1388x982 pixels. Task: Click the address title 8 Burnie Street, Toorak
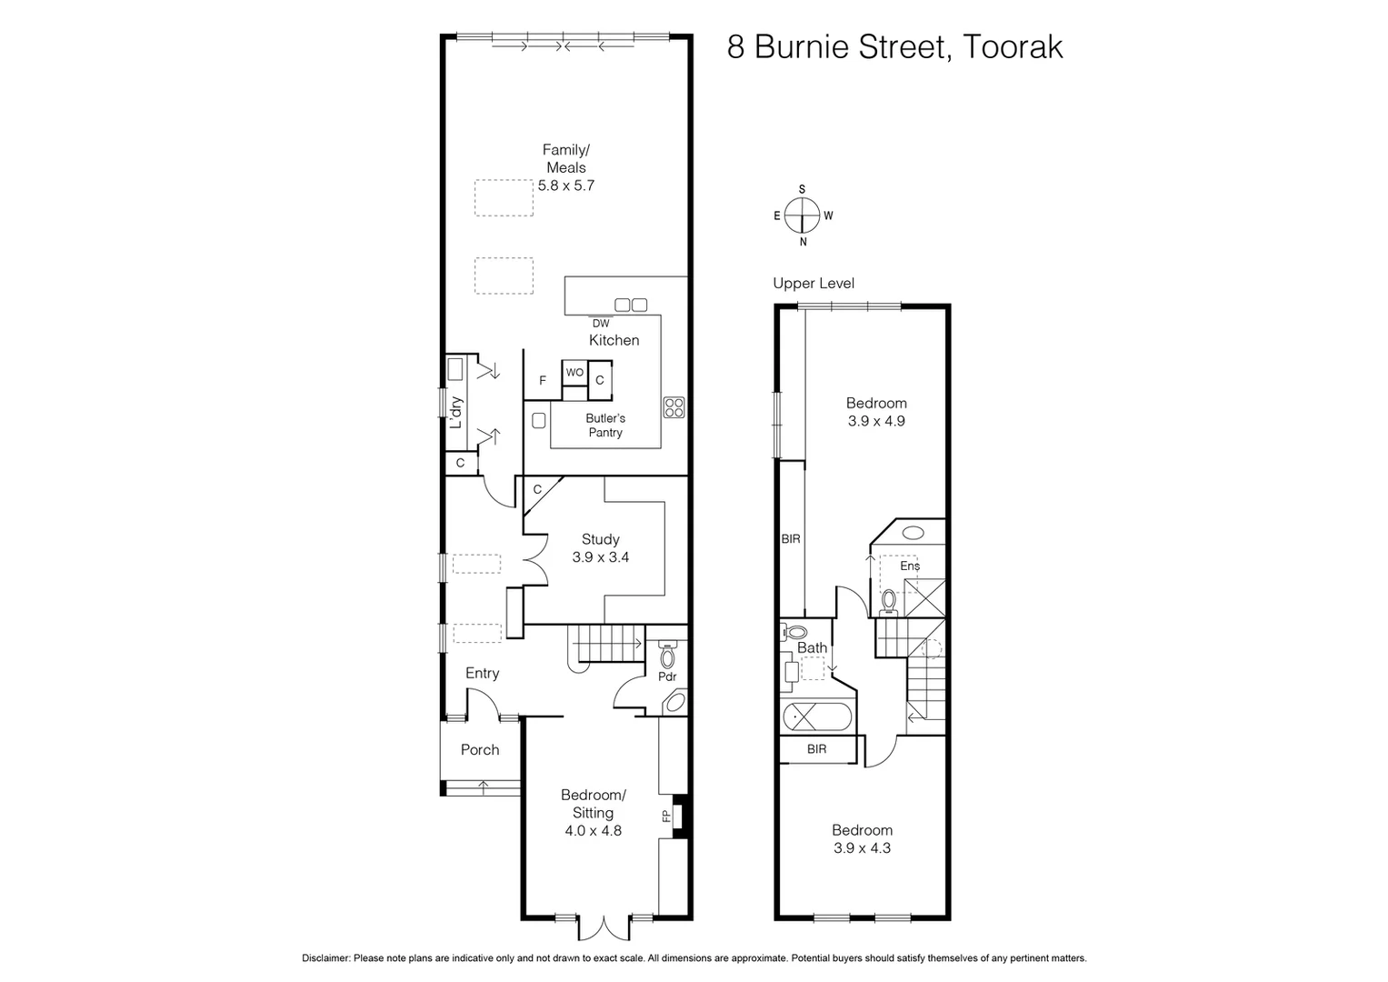(894, 47)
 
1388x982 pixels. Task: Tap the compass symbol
(803, 215)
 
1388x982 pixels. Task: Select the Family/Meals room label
(565, 159)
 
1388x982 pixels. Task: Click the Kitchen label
(614, 340)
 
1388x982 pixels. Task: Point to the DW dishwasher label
(601, 323)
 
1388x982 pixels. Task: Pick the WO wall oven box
(574, 373)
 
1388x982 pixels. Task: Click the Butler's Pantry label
(605, 426)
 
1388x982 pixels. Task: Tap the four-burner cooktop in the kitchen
(674, 407)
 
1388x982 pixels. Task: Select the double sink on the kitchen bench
(631, 305)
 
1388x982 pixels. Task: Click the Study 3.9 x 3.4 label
(601, 548)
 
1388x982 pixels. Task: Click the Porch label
(480, 750)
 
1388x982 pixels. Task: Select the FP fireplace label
(666, 817)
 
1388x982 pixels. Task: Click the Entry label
(482, 674)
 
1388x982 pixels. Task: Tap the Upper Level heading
(814, 284)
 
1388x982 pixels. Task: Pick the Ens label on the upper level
(910, 566)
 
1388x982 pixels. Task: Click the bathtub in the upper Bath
(817, 716)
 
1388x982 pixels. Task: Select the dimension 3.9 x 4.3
(863, 848)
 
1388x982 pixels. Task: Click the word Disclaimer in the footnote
(326, 958)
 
